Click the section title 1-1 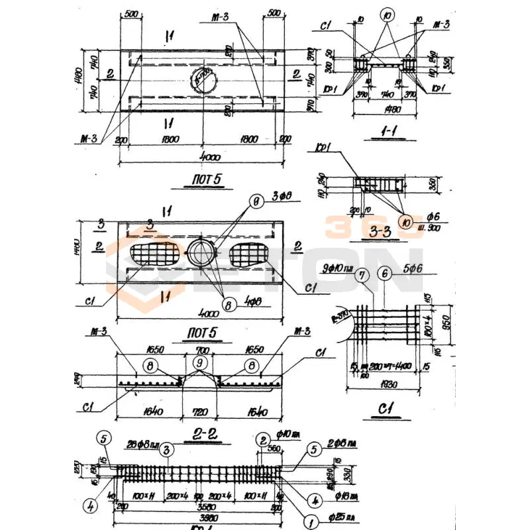(x=384, y=132)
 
